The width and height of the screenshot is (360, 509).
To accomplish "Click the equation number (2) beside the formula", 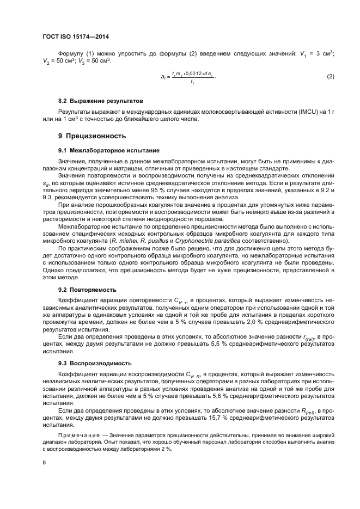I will (x=330, y=77).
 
